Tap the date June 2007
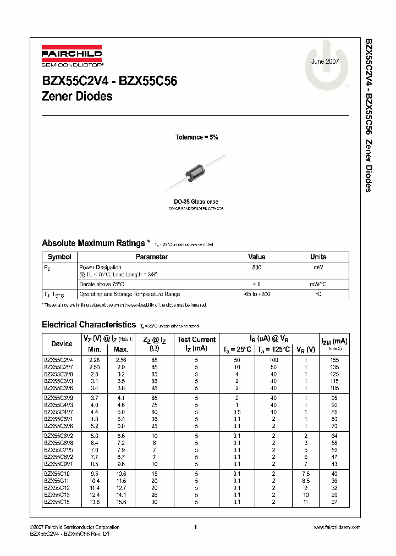[325, 62]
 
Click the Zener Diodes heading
[77, 97]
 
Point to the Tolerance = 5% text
[196, 137]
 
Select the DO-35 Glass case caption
[196, 202]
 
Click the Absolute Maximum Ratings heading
[94, 243]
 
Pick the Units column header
[318, 257]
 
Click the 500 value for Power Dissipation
[256, 267]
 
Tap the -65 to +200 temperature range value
[256, 294]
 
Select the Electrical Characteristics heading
[89, 325]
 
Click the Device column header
[62, 344]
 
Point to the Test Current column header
[196, 340]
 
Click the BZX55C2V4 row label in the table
[59, 359]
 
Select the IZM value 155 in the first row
[334, 359]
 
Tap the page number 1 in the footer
[196, 527]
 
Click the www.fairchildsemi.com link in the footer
[336, 527]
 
